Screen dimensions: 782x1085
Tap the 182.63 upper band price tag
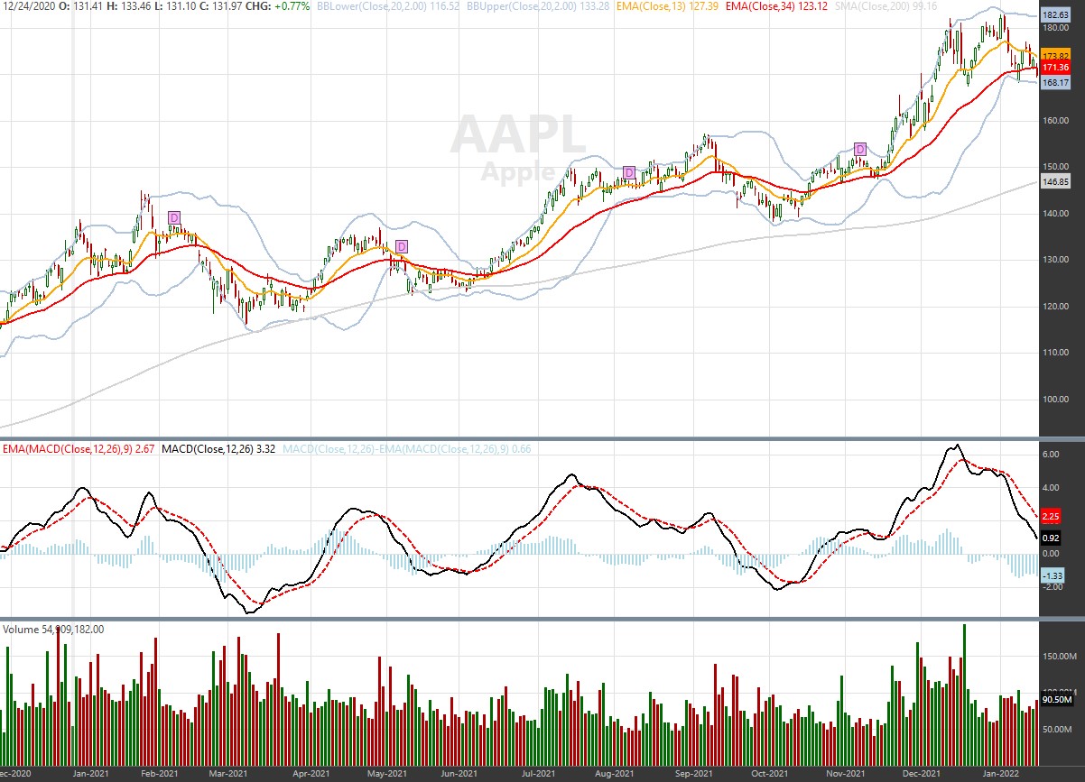[x=1055, y=15]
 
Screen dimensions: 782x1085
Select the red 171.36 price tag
[x=1055, y=68]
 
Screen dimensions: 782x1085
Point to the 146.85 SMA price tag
[x=1055, y=181]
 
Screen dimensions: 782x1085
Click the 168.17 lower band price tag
[x=1055, y=82]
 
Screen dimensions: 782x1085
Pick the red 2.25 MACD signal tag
[x=1051, y=517]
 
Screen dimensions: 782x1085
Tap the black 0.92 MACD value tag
[x=1051, y=538]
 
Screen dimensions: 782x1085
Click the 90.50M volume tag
[x=1055, y=699]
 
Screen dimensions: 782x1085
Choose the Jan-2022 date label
[x=1000, y=773]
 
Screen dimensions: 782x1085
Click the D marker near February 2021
[x=174, y=216]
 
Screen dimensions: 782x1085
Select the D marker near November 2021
[x=860, y=149]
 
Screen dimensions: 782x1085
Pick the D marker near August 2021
[x=629, y=171]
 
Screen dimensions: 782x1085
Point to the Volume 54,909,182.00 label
[x=54, y=629]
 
